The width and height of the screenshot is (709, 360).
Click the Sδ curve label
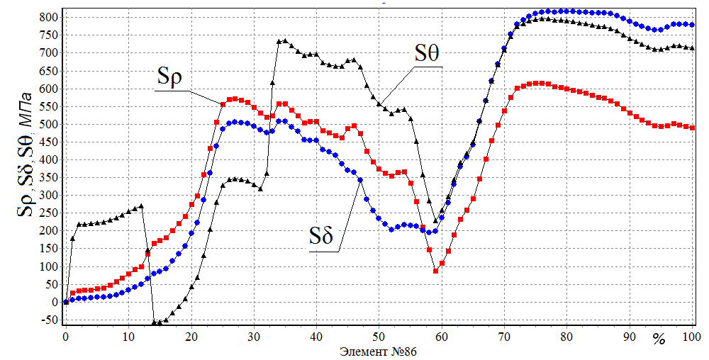(x=320, y=237)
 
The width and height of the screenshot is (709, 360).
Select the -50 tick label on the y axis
(x=49, y=320)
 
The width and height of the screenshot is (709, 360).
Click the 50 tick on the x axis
(x=379, y=337)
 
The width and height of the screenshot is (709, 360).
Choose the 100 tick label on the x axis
(x=691, y=337)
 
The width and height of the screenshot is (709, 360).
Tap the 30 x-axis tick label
(x=253, y=337)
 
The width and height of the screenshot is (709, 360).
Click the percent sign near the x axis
(x=659, y=340)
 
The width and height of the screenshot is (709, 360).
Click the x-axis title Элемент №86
(x=374, y=351)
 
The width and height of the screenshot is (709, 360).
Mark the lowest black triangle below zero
(x=154, y=323)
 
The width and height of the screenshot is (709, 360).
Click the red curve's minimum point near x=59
(x=435, y=271)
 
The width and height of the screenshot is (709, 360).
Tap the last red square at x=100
(x=692, y=128)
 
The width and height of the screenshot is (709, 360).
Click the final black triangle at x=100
(x=692, y=48)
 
